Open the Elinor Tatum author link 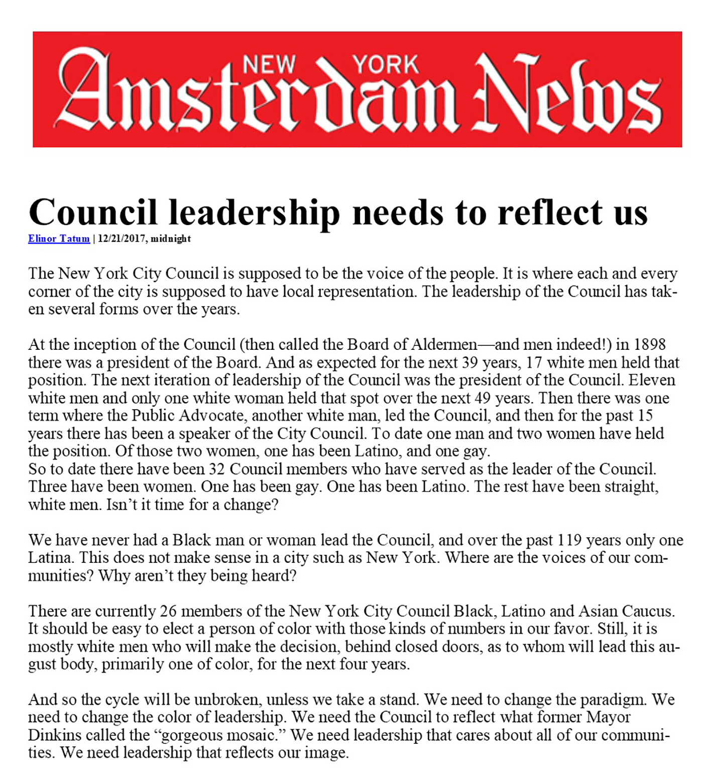(59, 239)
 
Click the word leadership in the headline (254, 212)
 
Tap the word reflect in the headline (550, 212)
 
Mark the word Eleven (652, 380)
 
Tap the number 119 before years (569, 540)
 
